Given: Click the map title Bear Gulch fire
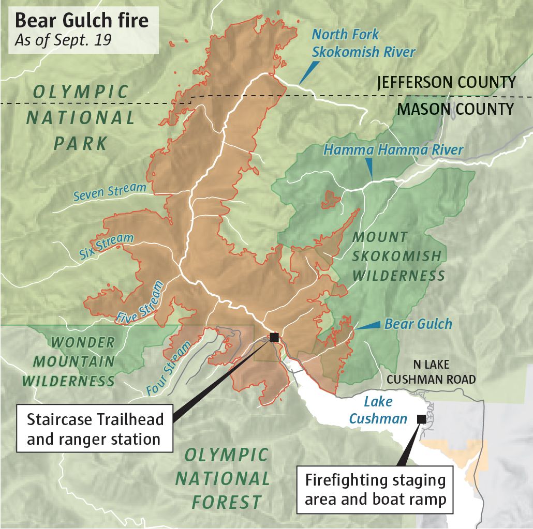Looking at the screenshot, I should (81, 21).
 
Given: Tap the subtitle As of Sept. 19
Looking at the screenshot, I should (63, 41).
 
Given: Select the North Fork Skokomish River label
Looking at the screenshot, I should (363, 43).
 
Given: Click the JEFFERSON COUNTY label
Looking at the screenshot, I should (446, 82).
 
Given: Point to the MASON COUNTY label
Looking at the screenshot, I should (455, 109).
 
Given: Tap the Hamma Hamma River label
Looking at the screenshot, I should (393, 150).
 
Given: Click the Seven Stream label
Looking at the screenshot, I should (110, 192).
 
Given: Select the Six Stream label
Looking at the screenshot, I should (107, 246).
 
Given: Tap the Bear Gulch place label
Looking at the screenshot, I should (418, 324).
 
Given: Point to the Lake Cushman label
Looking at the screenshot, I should (378, 410).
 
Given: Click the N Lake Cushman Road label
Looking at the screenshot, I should (431, 372).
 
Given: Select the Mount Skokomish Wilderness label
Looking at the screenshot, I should (397, 256).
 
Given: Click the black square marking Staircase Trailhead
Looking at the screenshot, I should (274, 337).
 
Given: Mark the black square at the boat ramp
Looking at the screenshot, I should (422, 419).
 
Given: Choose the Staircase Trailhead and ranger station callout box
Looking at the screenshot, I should (95, 429).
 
